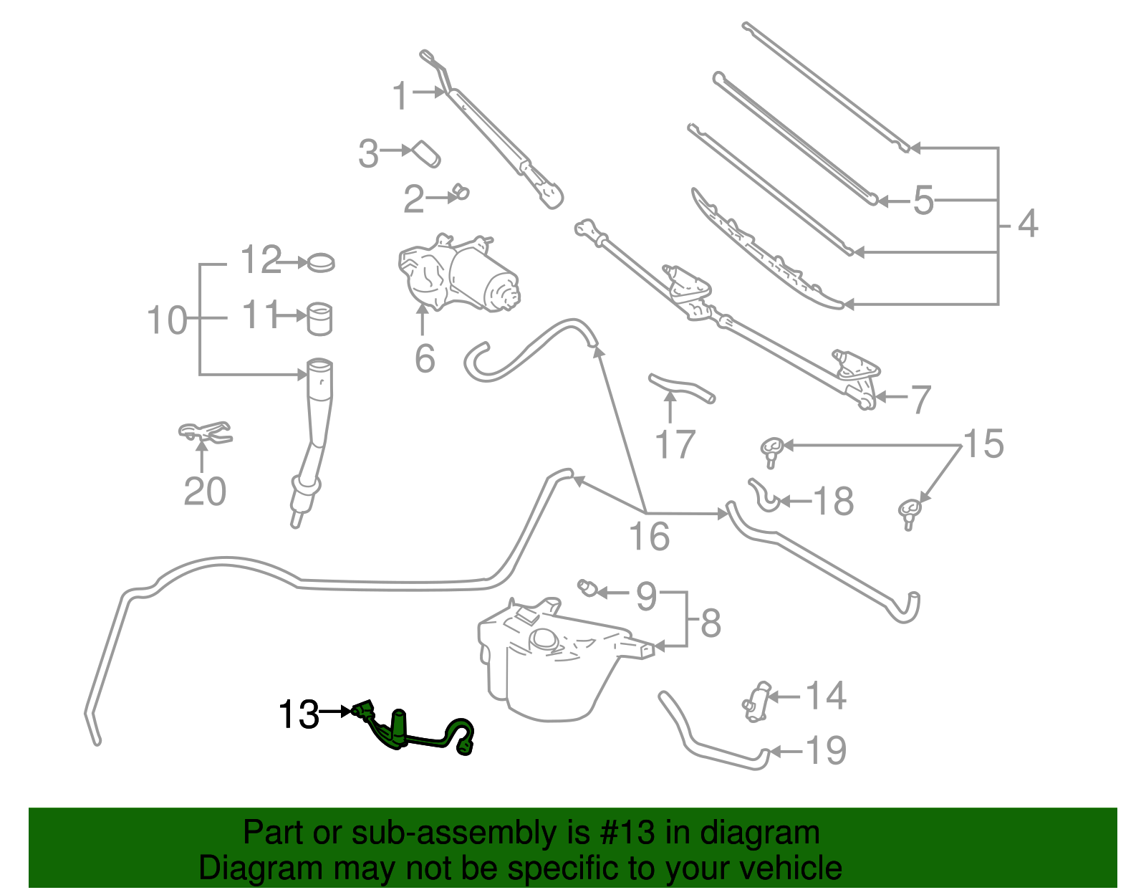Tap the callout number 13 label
[x=299, y=714]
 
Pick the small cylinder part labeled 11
[x=320, y=318]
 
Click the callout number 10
[x=166, y=320]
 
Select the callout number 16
[x=648, y=536]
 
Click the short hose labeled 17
[x=680, y=388]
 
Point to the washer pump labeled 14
[x=757, y=699]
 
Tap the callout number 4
[x=1027, y=224]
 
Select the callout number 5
[x=923, y=201]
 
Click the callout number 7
[x=920, y=399]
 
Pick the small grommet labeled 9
[x=589, y=588]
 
